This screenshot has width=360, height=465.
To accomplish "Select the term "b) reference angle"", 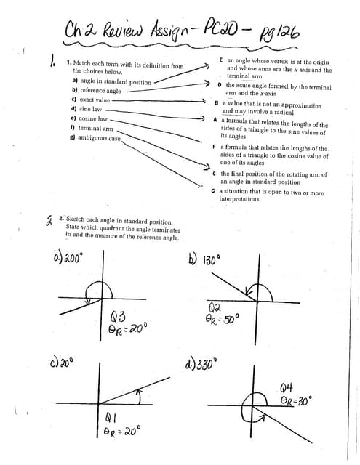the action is pyautogui.click(x=97, y=91).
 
